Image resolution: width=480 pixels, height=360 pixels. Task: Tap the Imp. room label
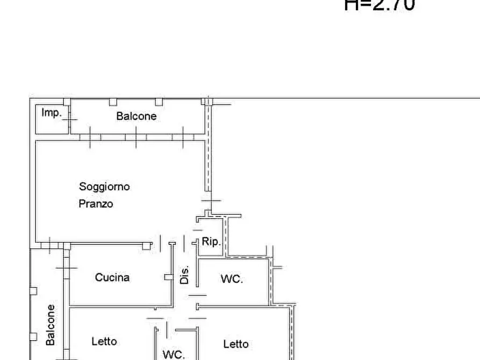tap(52, 113)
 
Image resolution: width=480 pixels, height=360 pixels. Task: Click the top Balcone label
tap(137, 116)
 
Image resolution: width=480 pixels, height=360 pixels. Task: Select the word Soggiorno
tap(104, 187)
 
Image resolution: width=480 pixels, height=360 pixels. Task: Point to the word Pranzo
tap(96, 204)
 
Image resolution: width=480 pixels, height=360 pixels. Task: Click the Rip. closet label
tap(211, 242)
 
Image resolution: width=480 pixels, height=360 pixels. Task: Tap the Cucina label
tap(112, 278)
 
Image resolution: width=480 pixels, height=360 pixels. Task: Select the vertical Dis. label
tap(184, 275)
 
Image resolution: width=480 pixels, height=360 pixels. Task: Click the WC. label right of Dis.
tap(232, 279)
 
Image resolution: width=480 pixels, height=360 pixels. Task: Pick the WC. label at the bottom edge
tap(174, 355)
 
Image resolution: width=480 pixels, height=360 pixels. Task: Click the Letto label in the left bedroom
tap(104, 341)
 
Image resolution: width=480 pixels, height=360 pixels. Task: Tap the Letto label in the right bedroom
tap(235, 344)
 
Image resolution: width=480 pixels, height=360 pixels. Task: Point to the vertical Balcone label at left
tap(51, 325)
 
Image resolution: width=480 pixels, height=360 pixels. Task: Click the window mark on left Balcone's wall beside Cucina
tap(67, 268)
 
